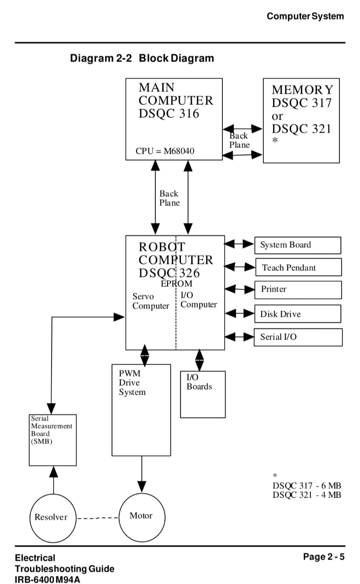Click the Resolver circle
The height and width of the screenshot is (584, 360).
click(53, 517)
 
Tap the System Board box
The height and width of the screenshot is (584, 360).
click(297, 245)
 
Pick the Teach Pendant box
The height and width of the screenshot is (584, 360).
click(298, 268)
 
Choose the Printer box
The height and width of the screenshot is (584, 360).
click(298, 290)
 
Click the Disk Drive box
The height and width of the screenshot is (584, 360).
click(297, 314)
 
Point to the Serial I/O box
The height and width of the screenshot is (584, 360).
click(298, 337)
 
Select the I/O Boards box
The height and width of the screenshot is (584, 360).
click(202, 394)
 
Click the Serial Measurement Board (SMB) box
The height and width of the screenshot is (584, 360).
click(53, 440)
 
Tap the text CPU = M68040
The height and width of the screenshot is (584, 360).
click(165, 151)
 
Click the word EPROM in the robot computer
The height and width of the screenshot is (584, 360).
click(177, 284)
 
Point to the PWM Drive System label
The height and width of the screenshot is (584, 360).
click(132, 383)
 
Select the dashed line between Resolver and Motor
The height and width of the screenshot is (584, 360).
click(98, 518)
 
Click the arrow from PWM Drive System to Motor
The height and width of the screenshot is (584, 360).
click(142, 473)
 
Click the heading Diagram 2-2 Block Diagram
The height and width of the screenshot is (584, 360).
click(142, 58)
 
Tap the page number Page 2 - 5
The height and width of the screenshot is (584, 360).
click(324, 557)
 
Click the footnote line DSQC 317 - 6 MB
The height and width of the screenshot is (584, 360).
click(307, 486)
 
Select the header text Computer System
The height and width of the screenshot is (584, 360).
click(305, 16)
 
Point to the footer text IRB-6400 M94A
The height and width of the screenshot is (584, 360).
click(47, 579)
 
